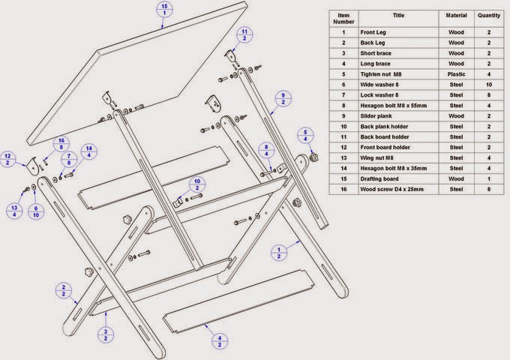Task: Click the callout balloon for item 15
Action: click(164, 10)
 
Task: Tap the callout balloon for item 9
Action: click(282, 99)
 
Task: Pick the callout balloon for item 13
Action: click(14, 211)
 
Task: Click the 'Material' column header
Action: click(457, 18)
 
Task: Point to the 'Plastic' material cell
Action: click(457, 75)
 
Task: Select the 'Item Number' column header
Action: click(344, 18)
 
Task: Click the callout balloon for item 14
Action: click(88, 151)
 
